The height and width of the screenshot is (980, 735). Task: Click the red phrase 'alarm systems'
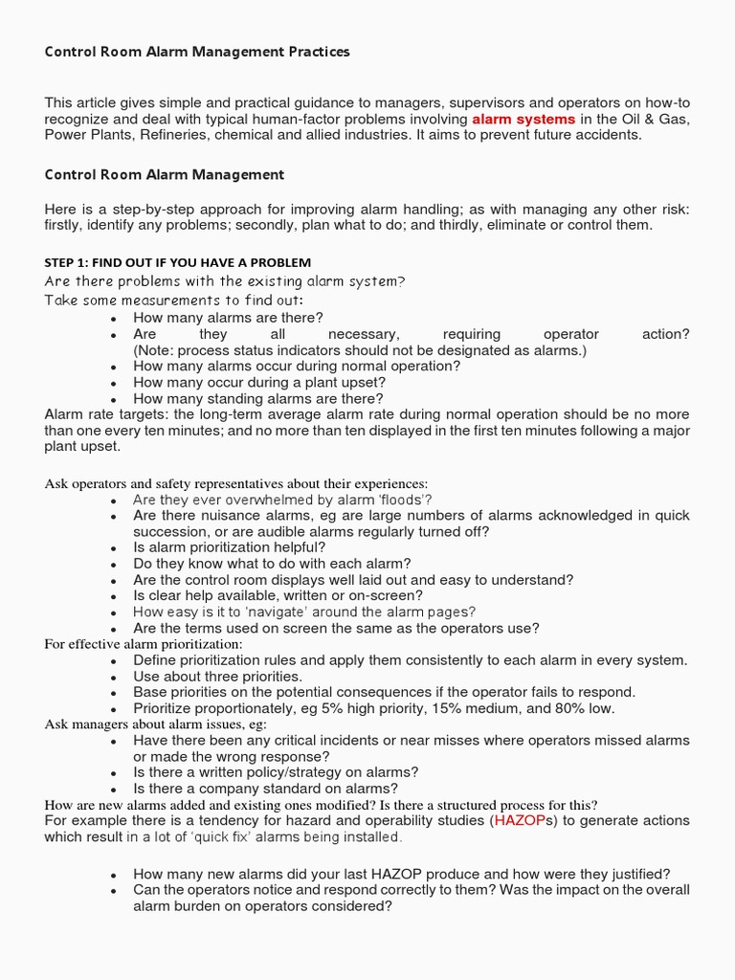click(x=523, y=119)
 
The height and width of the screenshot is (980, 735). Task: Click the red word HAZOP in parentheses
click(x=517, y=821)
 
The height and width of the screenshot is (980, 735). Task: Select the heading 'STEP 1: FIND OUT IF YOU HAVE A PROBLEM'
click(x=178, y=262)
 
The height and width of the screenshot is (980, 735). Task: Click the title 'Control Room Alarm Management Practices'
click(x=197, y=52)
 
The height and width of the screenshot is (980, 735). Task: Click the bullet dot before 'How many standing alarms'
click(x=114, y=399)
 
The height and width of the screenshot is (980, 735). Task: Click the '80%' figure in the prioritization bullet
click(x=558, y=708)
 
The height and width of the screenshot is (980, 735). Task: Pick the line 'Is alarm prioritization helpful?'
click(x=230, y=547)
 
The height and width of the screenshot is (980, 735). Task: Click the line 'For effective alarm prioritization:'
click(x=144, y=644)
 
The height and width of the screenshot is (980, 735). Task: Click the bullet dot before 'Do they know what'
click(x=114, y=565)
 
